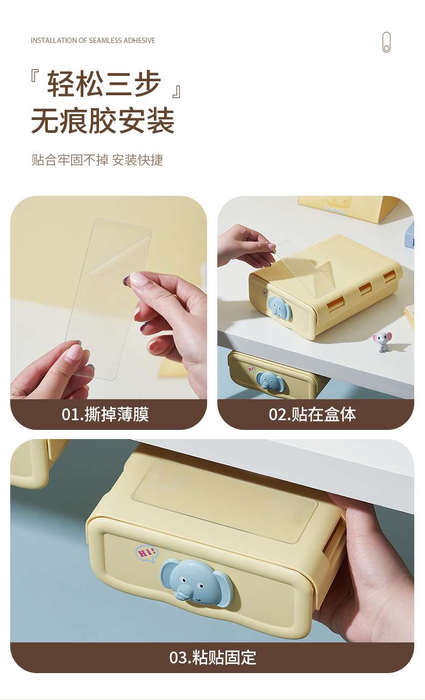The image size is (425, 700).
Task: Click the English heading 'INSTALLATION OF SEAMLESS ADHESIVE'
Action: point(93,40)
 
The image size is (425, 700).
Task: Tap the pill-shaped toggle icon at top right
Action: point(387,42)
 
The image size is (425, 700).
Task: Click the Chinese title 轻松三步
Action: point(104,83)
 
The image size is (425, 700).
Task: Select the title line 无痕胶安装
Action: point(103,121)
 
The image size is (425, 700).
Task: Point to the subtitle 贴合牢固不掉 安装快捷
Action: point(97,160)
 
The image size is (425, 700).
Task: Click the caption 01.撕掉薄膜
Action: point(105,414)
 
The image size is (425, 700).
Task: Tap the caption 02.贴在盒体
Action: point(312,414)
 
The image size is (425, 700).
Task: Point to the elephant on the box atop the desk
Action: point(280,308)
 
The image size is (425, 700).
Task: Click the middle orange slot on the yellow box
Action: point(365,289)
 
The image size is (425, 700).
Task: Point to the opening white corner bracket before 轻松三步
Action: point(34,76)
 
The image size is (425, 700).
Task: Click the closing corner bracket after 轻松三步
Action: point(176,92)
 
